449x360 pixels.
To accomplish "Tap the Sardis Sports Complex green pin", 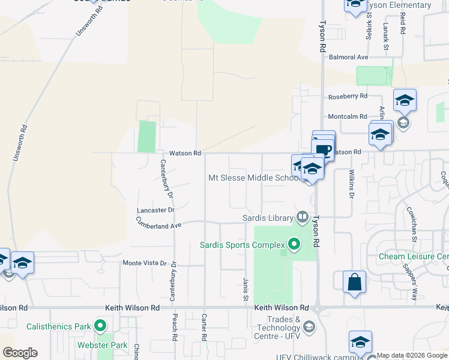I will pos(294,244).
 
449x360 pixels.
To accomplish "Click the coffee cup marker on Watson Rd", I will pos(324,149).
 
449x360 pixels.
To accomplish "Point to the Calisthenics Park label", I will pos(58,327).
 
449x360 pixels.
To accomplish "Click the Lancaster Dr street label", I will pos(155,211).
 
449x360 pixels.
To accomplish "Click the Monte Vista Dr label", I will pos(144,263).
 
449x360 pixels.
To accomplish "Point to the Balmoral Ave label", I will pos(348,58).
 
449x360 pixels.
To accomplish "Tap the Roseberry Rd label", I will pos(347,96).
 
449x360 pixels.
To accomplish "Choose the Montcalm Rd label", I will pos(347,116).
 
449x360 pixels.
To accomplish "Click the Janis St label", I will pos(246,289).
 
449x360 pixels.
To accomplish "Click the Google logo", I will pos(20,353).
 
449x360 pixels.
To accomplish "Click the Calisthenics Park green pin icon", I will pos(100,327).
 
